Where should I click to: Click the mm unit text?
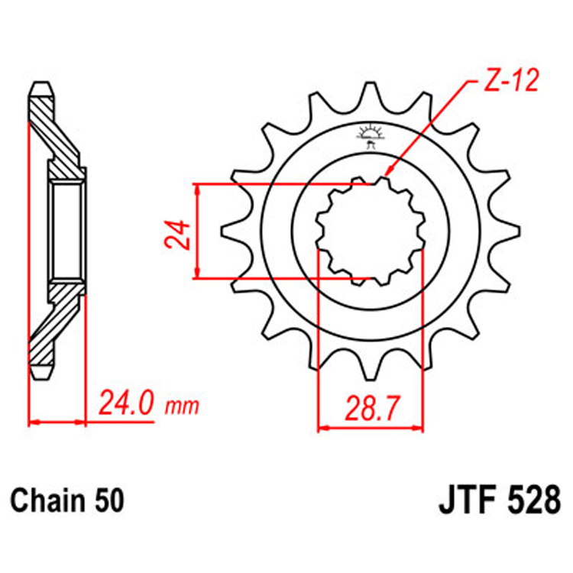pos(182,405)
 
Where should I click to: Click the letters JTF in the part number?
pos(467,503)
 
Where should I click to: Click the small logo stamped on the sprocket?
pos(371,136)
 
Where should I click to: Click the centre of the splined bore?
pos(371,231)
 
